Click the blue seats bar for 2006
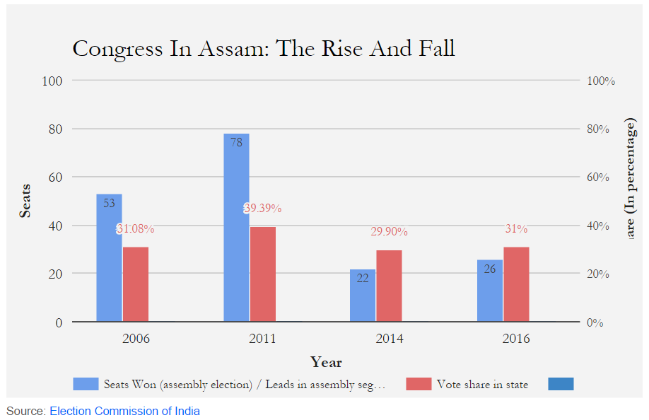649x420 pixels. [x=109, y=258]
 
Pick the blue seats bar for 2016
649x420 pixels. [x=490, y=291]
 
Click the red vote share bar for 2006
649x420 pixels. [x=136, y=284]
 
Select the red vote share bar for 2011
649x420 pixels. [x=262, y=274]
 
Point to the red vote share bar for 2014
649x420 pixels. [x=389, y=286]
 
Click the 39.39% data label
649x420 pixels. [x=263, y=209]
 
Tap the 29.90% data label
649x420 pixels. [x=390, y=232]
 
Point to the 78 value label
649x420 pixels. [x=236, y=142]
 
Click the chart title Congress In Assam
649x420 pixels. [x=263, y=49]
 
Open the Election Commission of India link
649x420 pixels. [x=124, y=411]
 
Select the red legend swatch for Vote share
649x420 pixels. [x=419, y=384]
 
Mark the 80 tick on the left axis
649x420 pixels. [x=54, y=129]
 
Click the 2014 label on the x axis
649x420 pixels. [x=390, y=339]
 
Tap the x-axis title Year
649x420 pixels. [x=326, y=363]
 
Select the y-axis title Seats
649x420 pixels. [x=25, y=202]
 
